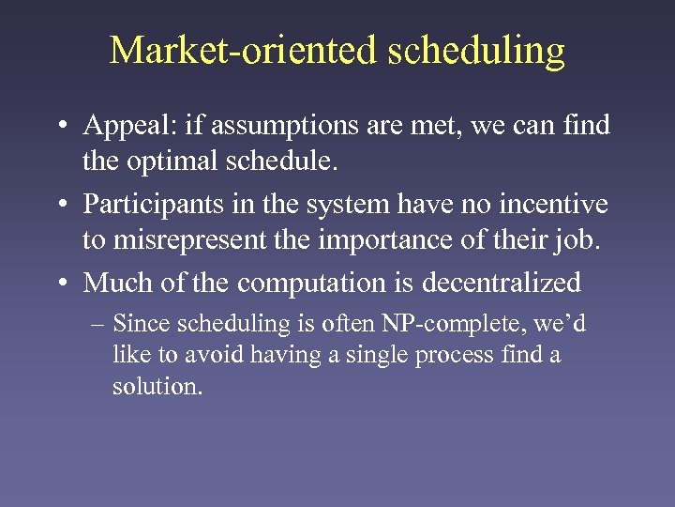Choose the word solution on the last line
(x=155, y=387)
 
